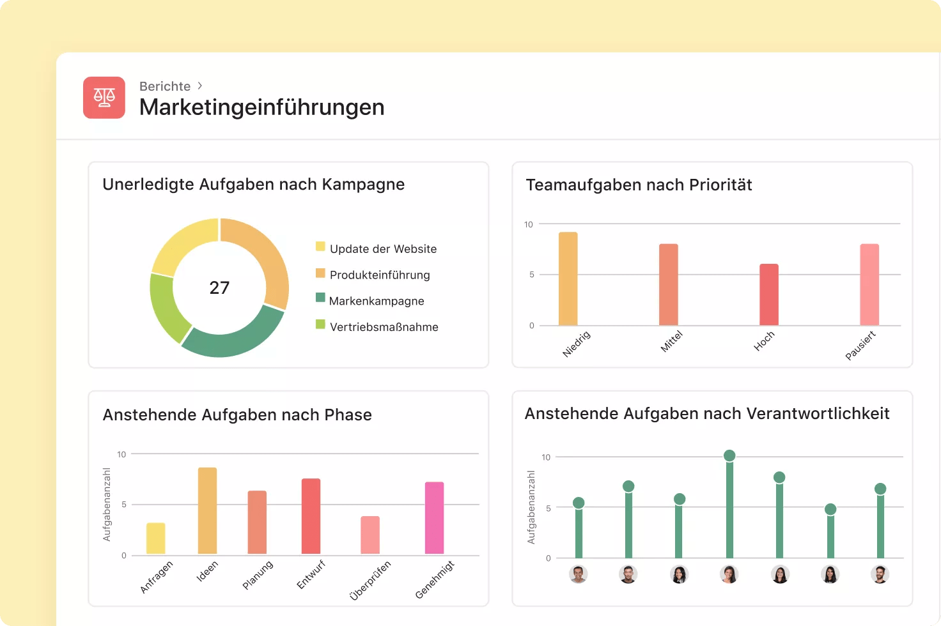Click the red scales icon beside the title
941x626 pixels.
tap(104, 98)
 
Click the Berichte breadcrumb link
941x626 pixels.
tap(165, 86)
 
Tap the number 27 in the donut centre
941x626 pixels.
tap(219, 288)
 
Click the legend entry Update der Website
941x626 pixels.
tap(383, 249)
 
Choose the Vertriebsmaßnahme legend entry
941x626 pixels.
tap(384, 327)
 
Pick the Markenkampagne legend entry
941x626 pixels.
tap(376, 301)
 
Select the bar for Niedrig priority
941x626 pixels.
tap(568, 279)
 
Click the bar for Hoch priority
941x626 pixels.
tap(769, 295)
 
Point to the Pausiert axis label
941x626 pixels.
tap(860, 346)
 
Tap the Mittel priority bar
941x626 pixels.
tap(669, 285)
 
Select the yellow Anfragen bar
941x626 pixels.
tap(156, 538)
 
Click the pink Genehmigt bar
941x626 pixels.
tap(435, 518)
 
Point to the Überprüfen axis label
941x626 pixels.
tap(370, 580)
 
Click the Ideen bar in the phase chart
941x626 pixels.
tap(207, 511)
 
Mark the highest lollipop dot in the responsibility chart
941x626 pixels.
tap(729, 455)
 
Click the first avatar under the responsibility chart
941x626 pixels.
tap(578, 574)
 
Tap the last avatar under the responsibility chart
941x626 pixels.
tap(880, 574)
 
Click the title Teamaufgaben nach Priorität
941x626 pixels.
tap(639, 185)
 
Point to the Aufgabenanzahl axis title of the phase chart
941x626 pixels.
tap(107, 505)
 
